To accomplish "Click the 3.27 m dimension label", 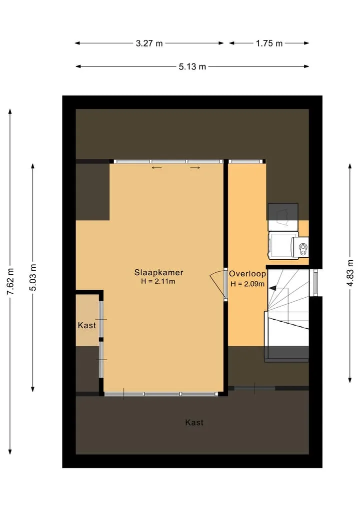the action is click(149, 43).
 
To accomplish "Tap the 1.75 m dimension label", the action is click(269, 43).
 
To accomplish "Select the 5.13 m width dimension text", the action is click(192, 66).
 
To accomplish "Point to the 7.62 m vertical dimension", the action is click(10, 281).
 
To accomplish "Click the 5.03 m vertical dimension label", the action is click(33, 277).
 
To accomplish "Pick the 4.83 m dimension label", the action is click(350, 273).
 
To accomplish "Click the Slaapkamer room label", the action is click(159, 272).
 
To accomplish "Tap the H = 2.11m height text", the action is click(158, 281).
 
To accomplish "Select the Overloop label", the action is click(248, 274).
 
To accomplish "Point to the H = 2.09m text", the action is click(247, 284).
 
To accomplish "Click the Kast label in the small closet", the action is click(87, 325).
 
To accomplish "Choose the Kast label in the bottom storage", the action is click(194, 423).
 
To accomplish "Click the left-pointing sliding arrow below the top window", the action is click(156, 167).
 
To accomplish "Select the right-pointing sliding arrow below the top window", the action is click(195, 167).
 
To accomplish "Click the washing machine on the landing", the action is click(287, 245).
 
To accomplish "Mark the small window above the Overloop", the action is click(245, 161).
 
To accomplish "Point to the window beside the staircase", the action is click(314, 283).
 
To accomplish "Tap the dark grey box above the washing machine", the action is click(283, 212).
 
